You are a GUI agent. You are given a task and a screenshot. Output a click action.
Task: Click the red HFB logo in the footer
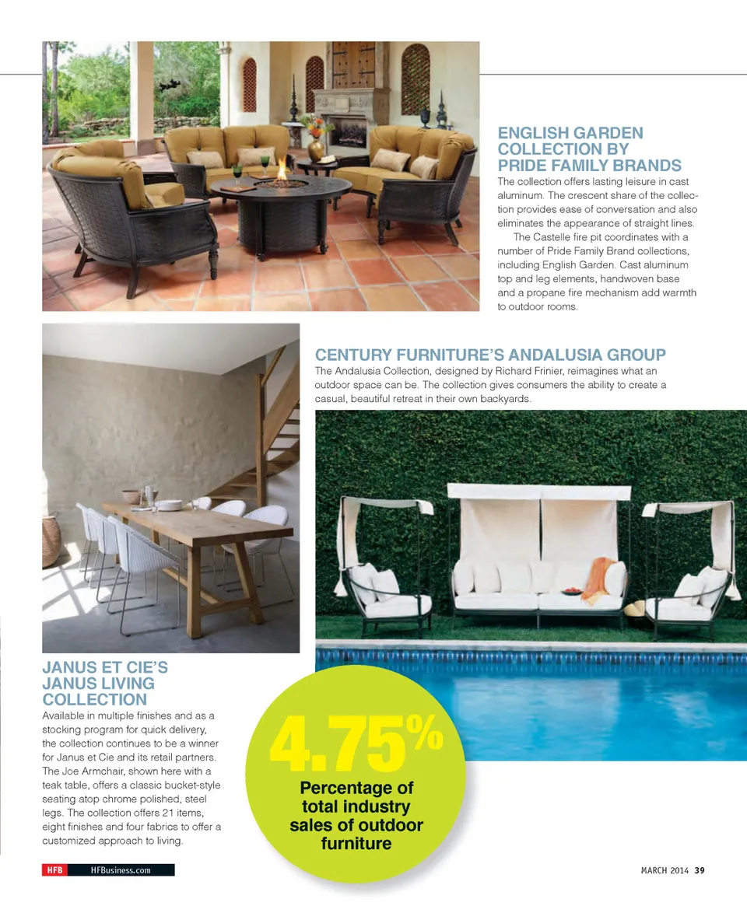tap(54, 870)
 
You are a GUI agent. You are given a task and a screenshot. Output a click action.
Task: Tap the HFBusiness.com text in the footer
tap(120, 870)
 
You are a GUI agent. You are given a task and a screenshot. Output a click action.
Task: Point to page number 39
tap(700, 870)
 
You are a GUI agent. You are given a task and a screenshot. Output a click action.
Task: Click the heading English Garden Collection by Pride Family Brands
tap(589, 149)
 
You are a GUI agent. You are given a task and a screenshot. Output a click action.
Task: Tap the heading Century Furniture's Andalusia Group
tap(490, 355)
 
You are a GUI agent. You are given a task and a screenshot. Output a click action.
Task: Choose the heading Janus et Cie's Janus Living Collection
tap(100, 684)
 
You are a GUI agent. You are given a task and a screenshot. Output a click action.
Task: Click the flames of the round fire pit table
tap(281, 170)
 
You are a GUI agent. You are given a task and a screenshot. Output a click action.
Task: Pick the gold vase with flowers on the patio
tap(315, 143)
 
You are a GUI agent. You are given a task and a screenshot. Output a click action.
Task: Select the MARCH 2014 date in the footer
tap(659, 870)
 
